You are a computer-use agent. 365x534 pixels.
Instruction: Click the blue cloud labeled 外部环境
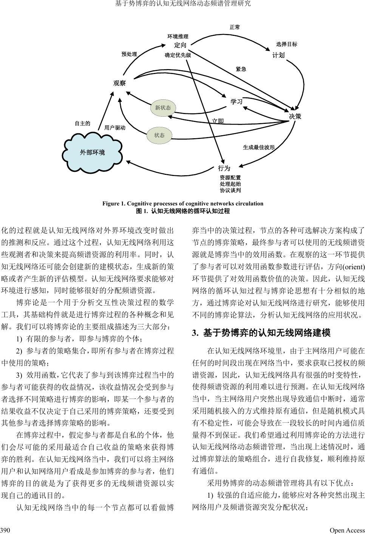tap(93, 153)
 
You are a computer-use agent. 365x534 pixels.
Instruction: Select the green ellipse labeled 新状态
tap(163, 108)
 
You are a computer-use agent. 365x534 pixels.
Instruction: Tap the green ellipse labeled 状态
tap(159, 135)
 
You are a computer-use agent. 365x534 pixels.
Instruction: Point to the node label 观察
tap(119, 83)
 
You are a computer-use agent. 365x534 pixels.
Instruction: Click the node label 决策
tap(295, 116)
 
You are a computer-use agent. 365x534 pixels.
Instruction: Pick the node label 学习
tap(237, 102)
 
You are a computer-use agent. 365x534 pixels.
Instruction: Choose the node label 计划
tap(278, 55)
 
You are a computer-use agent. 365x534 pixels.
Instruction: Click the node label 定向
tap(180, 45)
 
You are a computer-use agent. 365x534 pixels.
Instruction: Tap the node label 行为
tap(224, 168)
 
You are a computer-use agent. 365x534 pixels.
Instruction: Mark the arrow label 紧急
tap(241, 69)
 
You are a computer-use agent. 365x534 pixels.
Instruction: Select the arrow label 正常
tap(235, 27)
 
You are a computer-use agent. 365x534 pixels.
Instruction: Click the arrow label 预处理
tap(129, 54)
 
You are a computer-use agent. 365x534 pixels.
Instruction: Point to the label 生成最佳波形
tap(258, 147)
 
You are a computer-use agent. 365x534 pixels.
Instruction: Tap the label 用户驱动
tap(114, 128)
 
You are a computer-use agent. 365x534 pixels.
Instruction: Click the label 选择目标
tap(286, 44)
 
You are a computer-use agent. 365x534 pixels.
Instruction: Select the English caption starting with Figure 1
tap(182, 204)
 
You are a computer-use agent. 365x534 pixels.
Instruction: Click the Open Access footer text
tap(347, 530)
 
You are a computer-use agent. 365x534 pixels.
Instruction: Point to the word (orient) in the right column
tap(353, 267)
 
